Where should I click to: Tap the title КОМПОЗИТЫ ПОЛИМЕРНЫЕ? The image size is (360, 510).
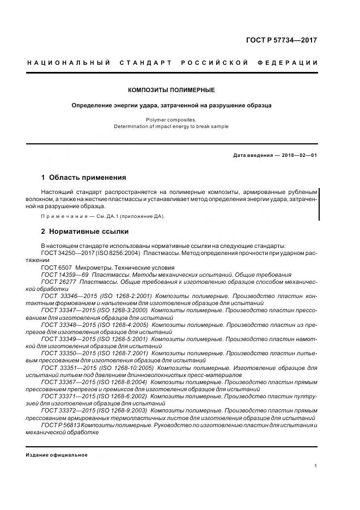coord(171,90)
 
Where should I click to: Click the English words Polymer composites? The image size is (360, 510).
coord(171,119)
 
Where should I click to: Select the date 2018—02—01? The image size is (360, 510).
coord(297,155)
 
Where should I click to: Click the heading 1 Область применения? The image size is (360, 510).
coord(84,178)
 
